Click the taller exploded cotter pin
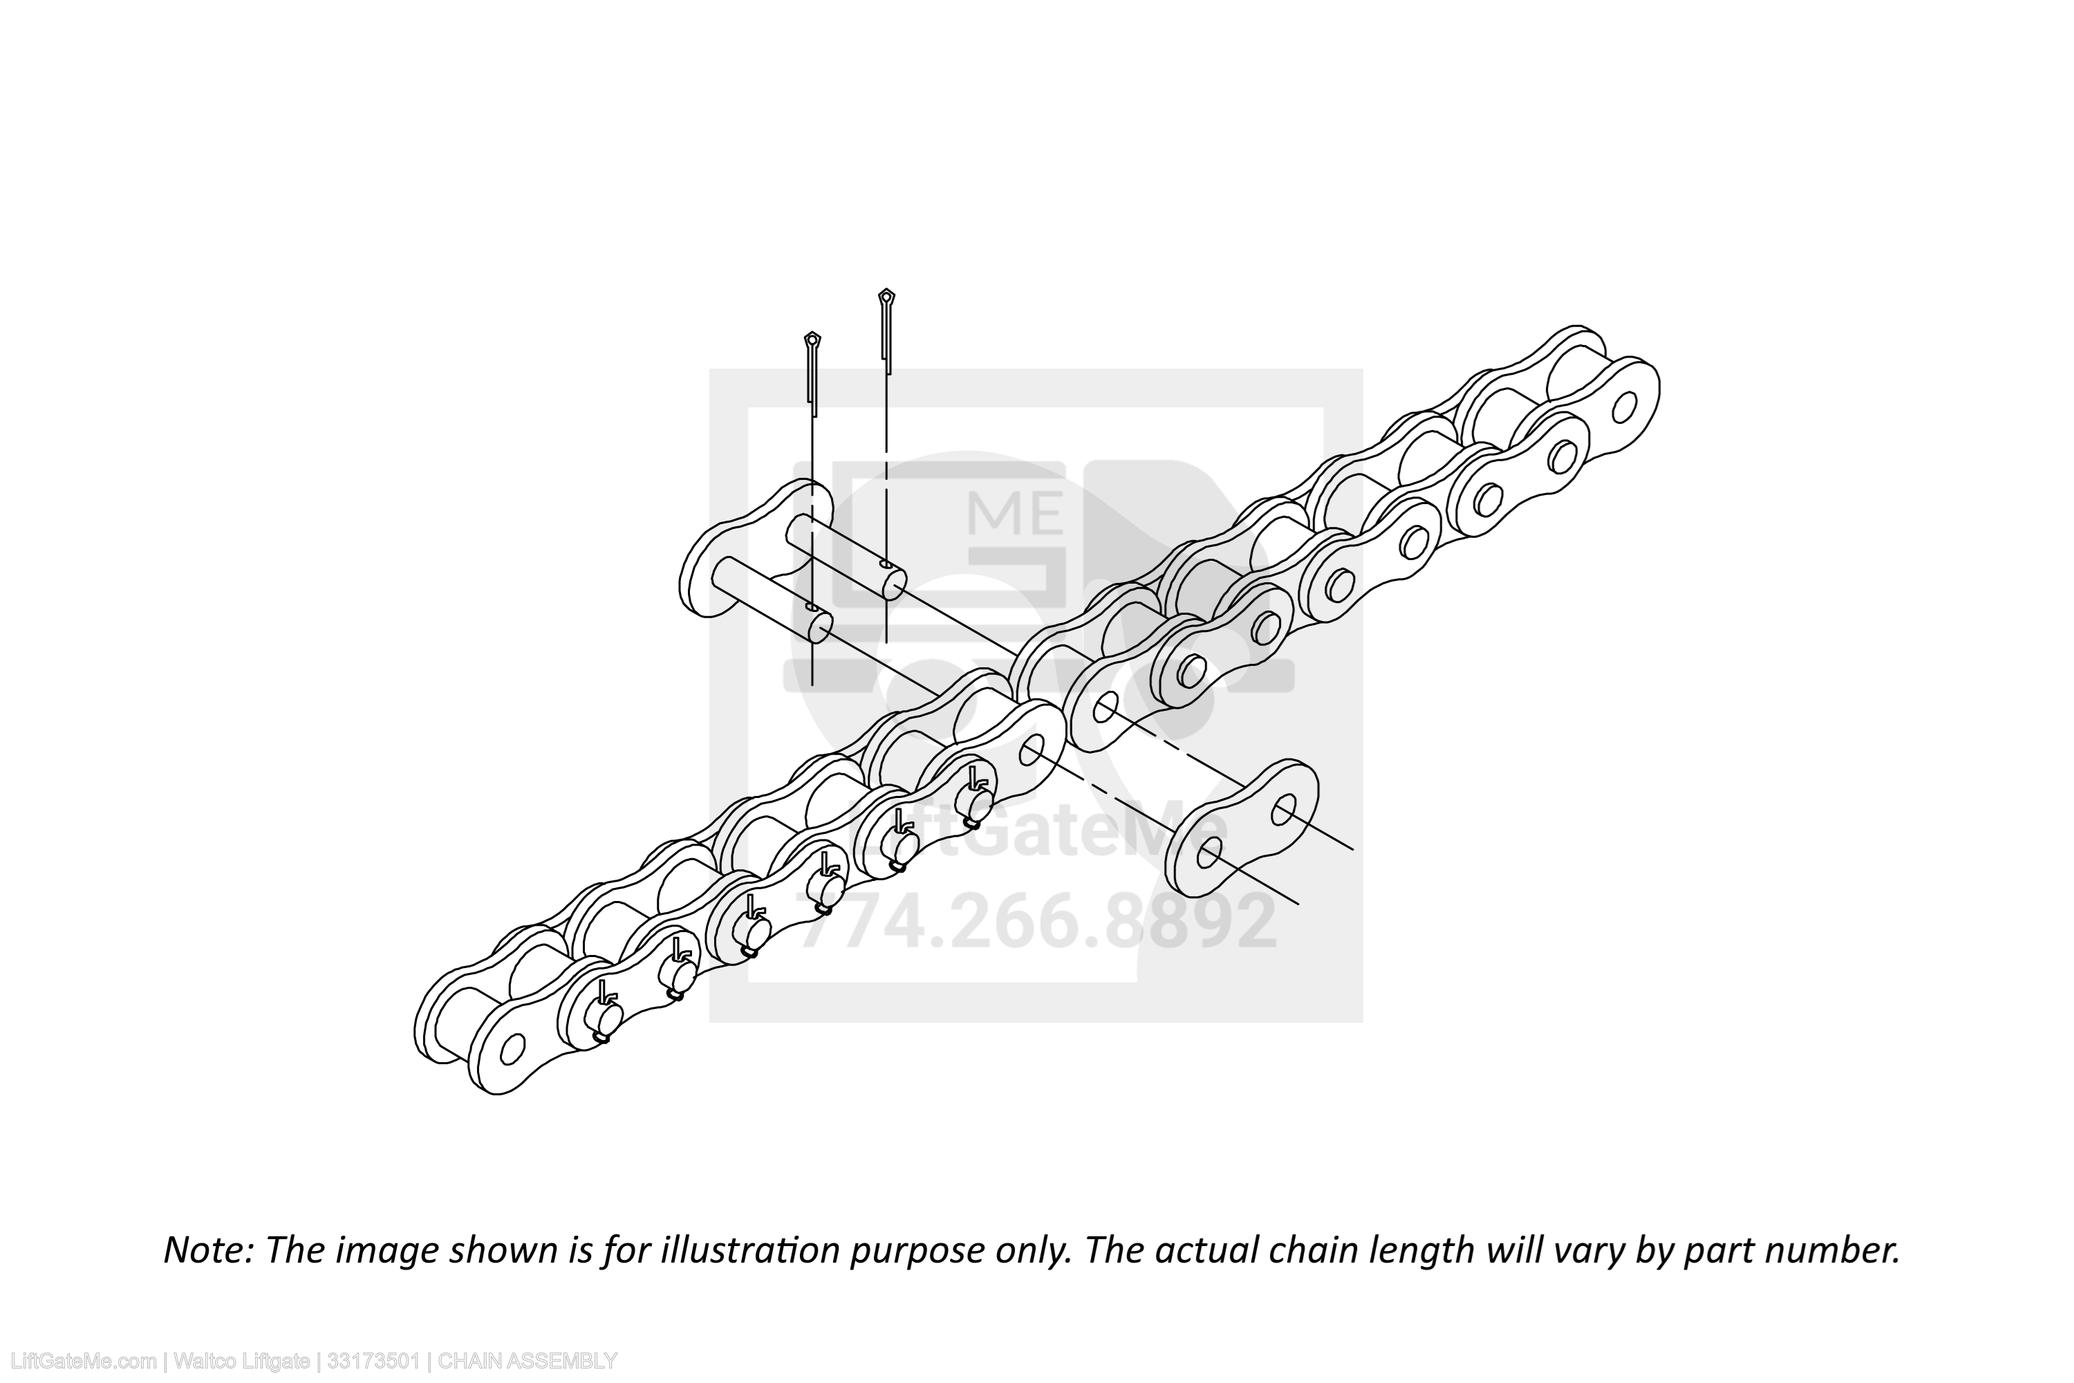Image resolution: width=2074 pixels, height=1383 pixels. [x=886, y=331]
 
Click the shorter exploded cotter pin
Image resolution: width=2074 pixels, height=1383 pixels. [x=812, y=374]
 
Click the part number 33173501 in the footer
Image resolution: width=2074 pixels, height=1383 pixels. [x=373, y=1361]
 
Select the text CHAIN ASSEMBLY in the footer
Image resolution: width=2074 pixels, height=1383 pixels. [x=527, y=1361]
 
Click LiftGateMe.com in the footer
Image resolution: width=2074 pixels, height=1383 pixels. [x=79, y=1361]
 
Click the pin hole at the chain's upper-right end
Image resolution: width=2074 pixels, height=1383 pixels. [x=1623, y=407]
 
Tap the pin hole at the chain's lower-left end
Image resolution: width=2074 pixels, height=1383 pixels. [x=512, y=1050]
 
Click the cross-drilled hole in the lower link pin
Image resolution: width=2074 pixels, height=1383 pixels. [x=811, y=608]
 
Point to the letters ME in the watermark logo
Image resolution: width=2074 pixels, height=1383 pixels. [x=1015, y=512]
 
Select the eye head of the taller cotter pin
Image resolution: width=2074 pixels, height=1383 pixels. [x=887, y=295]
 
